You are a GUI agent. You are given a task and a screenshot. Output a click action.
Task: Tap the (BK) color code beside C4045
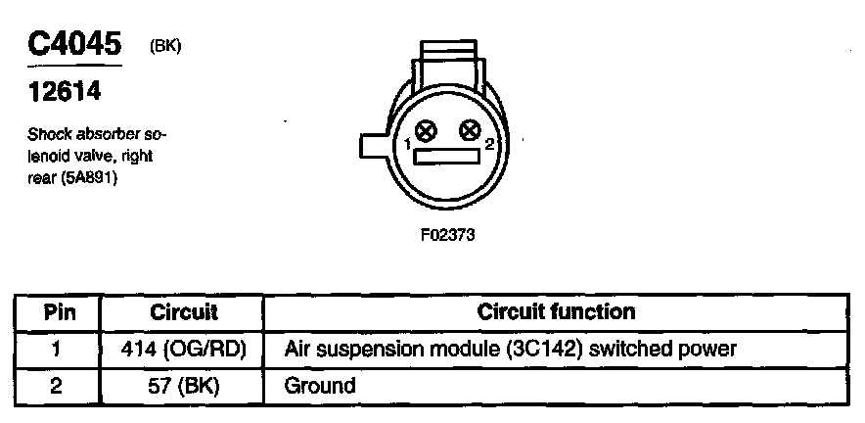click(165, 45)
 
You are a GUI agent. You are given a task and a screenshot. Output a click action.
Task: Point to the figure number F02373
click(447, 235)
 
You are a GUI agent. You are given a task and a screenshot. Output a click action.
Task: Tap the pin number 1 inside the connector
click(407, 145)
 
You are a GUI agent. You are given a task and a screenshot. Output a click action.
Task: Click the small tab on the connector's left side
click(375, 146)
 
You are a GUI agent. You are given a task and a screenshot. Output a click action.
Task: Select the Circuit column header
click(184, 313)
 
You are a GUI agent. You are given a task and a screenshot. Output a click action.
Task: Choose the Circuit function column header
click(556, 312)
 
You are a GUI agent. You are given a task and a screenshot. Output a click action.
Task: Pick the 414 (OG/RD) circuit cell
click(184, 349)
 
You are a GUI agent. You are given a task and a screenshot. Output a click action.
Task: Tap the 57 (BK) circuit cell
click(184, 385)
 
